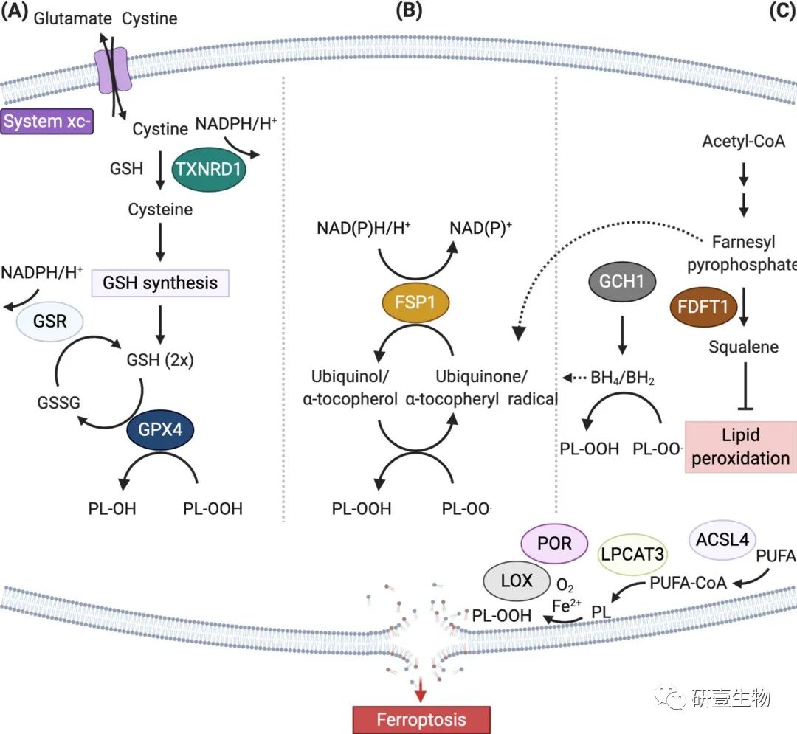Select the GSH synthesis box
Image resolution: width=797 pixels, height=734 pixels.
(x=160, y=283)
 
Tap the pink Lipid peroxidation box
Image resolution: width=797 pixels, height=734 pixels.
(x=739, y=446)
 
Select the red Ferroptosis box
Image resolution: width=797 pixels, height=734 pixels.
(x=421, y=719)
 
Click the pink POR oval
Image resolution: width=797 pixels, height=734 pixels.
(x=555, y=543)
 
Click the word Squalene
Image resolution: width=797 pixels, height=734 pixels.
(x=742, y=346)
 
